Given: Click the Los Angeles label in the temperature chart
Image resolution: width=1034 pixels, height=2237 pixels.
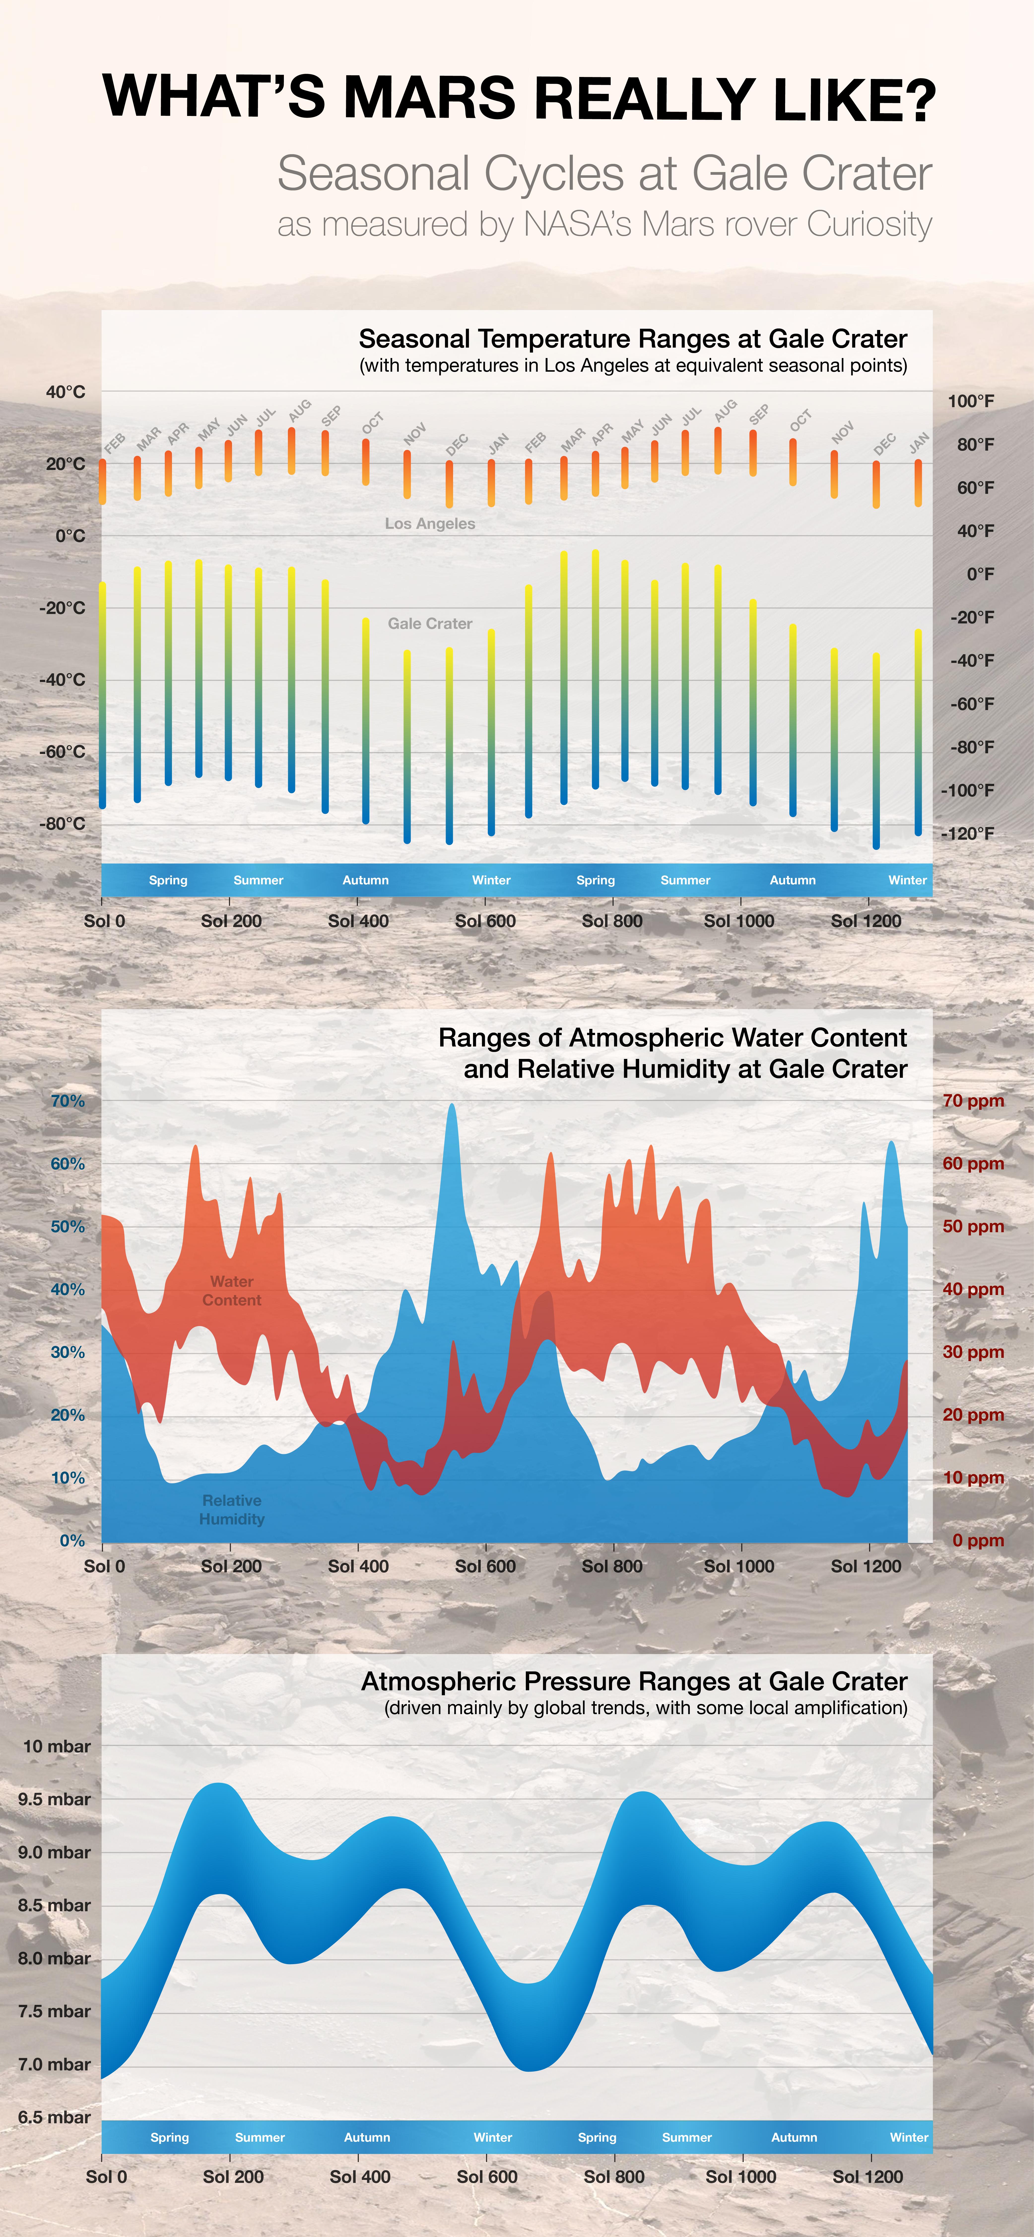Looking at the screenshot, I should click(430, 524).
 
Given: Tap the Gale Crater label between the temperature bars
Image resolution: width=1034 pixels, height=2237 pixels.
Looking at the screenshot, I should click(430, 623).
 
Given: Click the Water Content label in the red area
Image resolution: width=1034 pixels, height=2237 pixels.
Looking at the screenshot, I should click(232, 1291).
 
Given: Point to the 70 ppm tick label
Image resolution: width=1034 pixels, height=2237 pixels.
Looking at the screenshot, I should click(973, 1101).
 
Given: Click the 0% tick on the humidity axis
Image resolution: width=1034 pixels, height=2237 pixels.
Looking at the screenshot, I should click(72, 1541).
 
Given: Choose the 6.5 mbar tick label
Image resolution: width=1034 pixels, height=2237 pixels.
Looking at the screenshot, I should click(54, 2117).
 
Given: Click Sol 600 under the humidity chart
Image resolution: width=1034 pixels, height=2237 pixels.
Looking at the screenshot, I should click(485, 1567).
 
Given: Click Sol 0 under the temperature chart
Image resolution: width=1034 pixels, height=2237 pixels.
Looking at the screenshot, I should click(104, 921).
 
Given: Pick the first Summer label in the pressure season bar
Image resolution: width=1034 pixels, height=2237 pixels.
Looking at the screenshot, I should click(260, 2137).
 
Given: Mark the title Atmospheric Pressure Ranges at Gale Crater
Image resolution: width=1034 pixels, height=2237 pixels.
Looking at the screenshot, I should click(634, 1682).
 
